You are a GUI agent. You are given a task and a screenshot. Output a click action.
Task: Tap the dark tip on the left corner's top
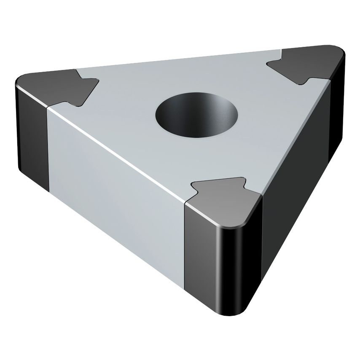coord(59,86)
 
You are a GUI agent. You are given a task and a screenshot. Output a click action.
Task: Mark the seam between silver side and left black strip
coord(48,148)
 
